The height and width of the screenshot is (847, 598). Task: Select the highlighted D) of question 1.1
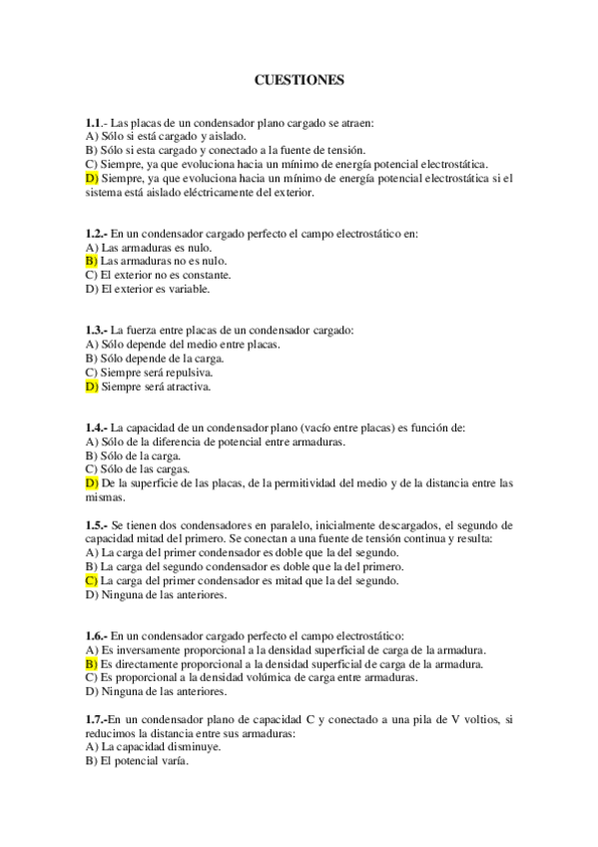(92, 179)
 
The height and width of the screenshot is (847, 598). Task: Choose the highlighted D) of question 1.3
(92, 386)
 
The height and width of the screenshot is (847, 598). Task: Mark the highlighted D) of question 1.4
(92, 482)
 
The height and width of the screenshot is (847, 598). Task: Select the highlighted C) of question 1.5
(92, 580)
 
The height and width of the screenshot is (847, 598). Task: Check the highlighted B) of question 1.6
(92, 663)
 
